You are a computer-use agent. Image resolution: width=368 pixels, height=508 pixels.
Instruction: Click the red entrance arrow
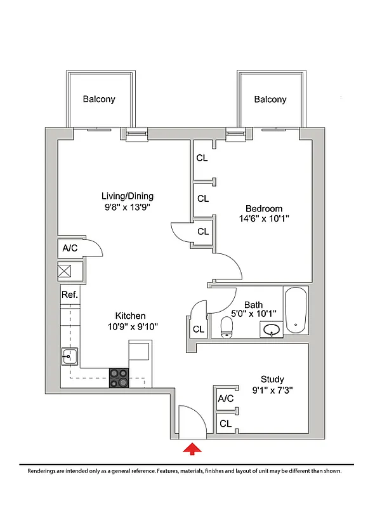click(x=192, y=450)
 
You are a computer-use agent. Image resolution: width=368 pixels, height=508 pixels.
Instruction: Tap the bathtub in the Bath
click(x=296, y=311)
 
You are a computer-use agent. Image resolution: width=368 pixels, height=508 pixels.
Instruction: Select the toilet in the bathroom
click(x=227, y=327)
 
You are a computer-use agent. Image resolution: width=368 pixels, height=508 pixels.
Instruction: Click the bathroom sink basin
click(x=273, y=330)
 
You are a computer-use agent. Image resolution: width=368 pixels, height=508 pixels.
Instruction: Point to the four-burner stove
click(x=119, y=378)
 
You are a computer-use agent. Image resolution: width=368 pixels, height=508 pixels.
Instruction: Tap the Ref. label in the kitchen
click(x=69, y=295)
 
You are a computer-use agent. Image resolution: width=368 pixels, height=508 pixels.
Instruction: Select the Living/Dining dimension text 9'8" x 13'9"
click(x=128, y=207)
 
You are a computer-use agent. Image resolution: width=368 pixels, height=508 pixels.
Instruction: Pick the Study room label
click(x=272, y=379)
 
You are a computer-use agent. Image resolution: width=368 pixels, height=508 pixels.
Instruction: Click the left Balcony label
click(x=99, y=100)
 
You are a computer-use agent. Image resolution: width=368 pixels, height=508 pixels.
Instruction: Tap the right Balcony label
click(x=270, y=100)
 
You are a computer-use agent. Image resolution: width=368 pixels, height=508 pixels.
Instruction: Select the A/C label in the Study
click(x=226, y=399)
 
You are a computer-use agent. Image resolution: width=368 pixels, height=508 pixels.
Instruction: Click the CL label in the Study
click(x=225, y=423)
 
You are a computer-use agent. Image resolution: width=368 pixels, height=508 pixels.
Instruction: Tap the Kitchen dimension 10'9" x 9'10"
click(x=130, y=326)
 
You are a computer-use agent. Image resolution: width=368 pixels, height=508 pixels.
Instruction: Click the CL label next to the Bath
click(x=199, y=329)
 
